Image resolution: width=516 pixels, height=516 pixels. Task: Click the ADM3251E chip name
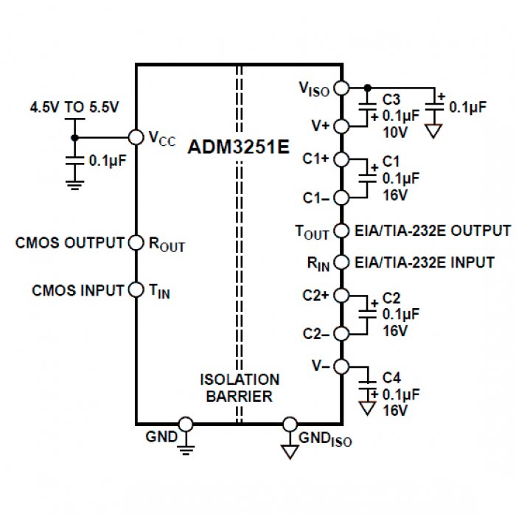(x=237, y=145)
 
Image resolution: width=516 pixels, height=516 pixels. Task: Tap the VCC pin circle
(x=136, y=137)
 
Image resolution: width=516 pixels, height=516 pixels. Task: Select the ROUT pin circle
(x=136, y=243)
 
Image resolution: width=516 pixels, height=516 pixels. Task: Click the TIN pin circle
(x=136, y=290)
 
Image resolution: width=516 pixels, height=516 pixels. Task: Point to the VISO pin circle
(x=341, y=88)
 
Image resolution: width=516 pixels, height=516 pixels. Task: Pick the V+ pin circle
(x=341, y=126)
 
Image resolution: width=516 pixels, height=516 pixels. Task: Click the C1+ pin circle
(x=341, y=158)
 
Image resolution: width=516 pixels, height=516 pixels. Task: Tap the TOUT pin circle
(x=341, y=231)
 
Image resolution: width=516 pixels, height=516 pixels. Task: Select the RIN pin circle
(x=341, y=262)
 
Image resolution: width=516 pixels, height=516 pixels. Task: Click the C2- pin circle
(x=341, y=333)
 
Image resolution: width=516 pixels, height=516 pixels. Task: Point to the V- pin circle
(x=341, y=366)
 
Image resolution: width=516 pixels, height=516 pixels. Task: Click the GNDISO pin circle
(x=290, y=425)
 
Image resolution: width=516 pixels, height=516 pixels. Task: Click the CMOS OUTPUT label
(x=70, y=243)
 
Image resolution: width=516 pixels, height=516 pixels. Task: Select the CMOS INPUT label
(x=78, y=290)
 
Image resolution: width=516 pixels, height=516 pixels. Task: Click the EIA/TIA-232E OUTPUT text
(x=433, y=231)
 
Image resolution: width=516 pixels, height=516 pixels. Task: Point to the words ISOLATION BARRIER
(x=240, y=388)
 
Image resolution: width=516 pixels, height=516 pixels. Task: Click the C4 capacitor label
(x=391, y=380)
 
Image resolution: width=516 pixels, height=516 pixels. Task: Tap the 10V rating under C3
(x=394, y=131)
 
